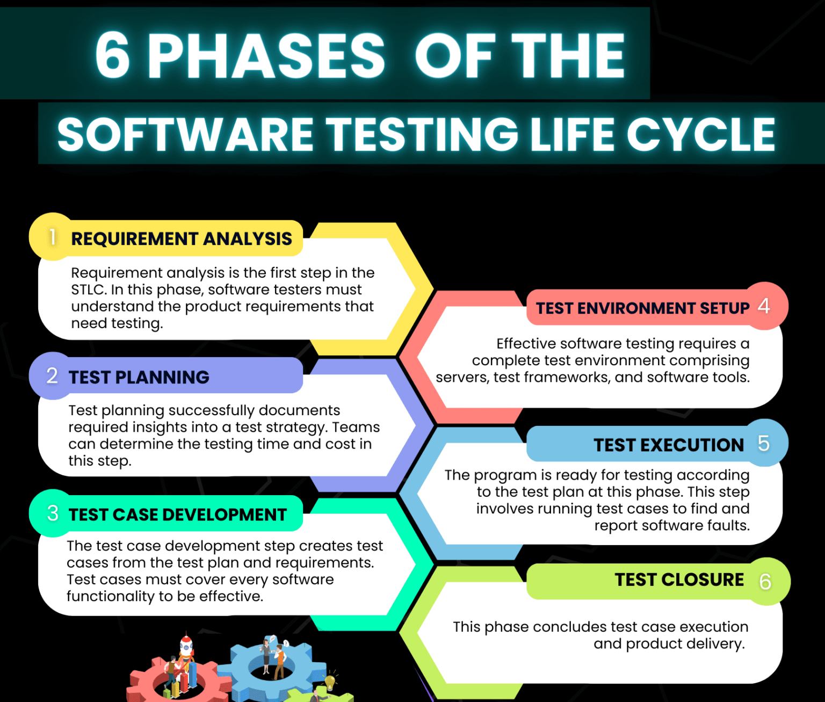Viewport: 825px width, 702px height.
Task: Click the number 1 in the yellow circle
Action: (x=52, y=237)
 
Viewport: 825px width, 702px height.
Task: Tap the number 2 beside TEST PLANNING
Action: (x=52, y=375)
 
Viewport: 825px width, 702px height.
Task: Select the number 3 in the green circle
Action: (x=53, y=513)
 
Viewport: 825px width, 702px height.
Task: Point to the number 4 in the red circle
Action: (x=764, y=306)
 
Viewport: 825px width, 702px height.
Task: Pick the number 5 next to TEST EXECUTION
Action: (x=764, y=444)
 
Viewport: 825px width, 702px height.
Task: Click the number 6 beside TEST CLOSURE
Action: (x=765, y=581)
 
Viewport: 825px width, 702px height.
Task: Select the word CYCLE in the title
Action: (x=701, y=134)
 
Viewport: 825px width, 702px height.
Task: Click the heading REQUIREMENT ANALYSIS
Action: (x=182, y=238)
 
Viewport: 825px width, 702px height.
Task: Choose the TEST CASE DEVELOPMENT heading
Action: (x=178, y=515)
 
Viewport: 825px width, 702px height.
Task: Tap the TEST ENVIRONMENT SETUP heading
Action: (x=642, y=308)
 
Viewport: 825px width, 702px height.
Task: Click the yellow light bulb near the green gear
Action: (x=330, y=682)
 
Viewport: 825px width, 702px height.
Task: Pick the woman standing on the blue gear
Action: (x=266, y=656)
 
